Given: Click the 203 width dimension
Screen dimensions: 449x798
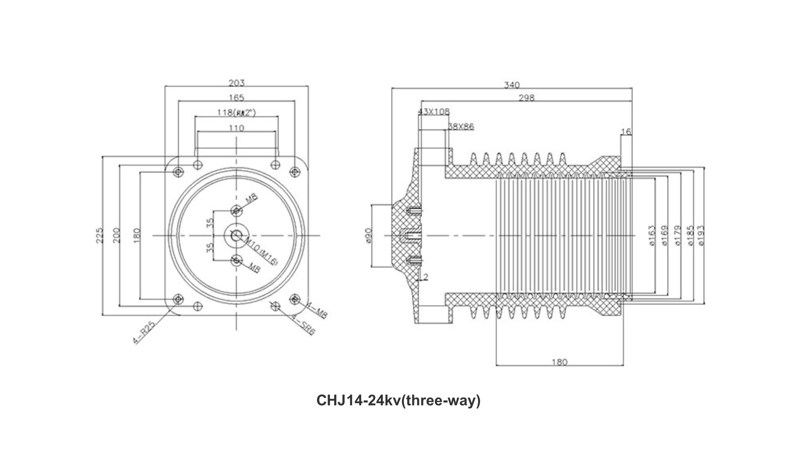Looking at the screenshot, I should point(236,83).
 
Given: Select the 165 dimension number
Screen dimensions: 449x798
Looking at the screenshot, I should point(236,98).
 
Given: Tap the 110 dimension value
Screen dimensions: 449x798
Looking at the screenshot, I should point(236,128).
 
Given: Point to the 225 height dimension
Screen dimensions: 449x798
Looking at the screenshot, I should point(99,236).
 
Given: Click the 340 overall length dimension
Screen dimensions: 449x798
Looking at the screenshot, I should point(512,85).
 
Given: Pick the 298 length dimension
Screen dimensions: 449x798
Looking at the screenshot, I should point(526,98).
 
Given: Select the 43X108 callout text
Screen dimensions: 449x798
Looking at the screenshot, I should point(433,111).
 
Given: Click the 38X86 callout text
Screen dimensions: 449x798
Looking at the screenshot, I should point(461,126).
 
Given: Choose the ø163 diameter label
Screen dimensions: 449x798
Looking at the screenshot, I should point(652,235).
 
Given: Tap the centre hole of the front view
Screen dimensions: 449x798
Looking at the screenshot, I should point(236,236).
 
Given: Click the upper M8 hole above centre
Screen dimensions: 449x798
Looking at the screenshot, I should point(236,211).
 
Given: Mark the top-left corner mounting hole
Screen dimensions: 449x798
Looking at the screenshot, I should point(178,171).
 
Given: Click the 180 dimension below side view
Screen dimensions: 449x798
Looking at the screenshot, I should point(559,362).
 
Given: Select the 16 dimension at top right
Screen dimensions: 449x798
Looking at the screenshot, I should point(626,132).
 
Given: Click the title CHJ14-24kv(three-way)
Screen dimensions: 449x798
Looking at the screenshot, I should point(398,400).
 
